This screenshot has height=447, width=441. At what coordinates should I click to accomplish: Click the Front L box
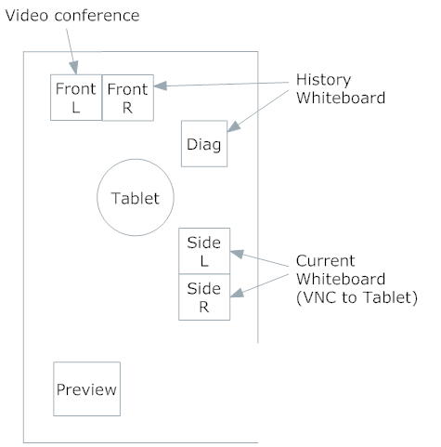pyautogui.click(x=76, y=98)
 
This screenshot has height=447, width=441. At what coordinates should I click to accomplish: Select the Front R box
pyautogui.click(x=128, y=98)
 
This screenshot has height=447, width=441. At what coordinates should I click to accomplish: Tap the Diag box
pyautogui.click(x=204, y=144)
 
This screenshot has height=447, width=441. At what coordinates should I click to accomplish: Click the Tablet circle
pyautogui.click(x=136, y=197)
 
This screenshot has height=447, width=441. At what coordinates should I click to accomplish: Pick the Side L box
pyautogui.click(x=204, y=251)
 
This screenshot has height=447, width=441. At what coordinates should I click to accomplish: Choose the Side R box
pyautogui.click(x=204, y=297)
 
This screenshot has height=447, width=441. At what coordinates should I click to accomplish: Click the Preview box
pyautogui.click(x=87, y=388)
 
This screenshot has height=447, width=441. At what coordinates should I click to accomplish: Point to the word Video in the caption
pyautogui.click(x=27, y=16)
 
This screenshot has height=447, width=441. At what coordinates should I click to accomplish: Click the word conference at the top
pyautogui.click(x=97, y=16)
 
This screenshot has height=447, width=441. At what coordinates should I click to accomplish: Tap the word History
pyautogui.click(x=324, y=81)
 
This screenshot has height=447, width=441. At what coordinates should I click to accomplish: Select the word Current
pyautogui.click(x=325, y=261)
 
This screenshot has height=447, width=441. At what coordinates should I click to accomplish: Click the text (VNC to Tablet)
pyautogui.click(x=357, y=297)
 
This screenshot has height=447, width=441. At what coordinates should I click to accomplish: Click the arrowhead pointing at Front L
pyautogui.click(x=73, y=67)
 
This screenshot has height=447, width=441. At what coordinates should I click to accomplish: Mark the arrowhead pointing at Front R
pyautogui.click(x=161, y=85)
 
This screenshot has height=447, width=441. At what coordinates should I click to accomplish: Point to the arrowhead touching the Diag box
pyautogui.click(x=234, y=126)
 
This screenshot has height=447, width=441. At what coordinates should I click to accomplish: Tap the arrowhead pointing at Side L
pyautogui.click(x=237, y=254)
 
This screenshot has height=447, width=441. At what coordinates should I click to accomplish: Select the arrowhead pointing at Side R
pyautogui.click(x=237, y=294)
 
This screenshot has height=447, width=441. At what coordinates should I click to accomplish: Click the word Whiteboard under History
pyautogui.click(x=341, y=98)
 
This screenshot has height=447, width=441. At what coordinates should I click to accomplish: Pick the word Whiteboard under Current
pyautogui.click(x=341, y=279)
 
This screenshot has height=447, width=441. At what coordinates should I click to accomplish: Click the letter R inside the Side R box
pyautogui.click(x=204, y=307)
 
